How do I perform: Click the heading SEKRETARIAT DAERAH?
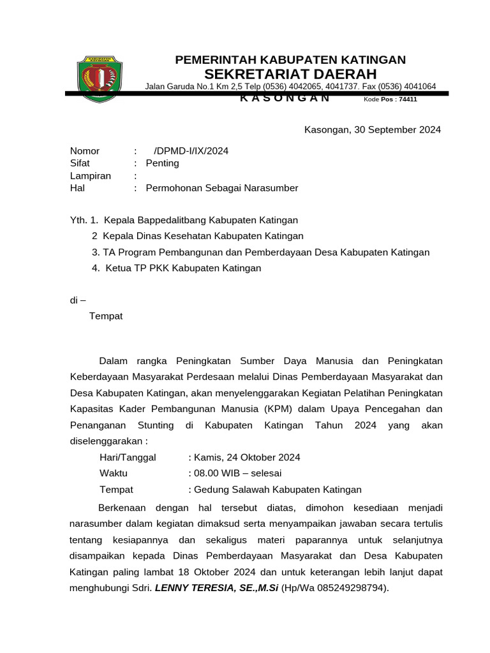click(x=290, y=74)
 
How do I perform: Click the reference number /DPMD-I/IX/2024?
click(x=191, y=151)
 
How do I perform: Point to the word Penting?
click(x=163, y=163)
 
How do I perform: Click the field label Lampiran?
click(x=90, y=176)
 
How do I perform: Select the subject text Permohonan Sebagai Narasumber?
click(x=221, y=188)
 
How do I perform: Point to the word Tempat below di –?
click(x=106, y=316)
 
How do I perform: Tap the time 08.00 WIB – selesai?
click(x=237, y=474)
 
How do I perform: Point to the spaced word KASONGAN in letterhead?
click(x=285, y=98)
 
